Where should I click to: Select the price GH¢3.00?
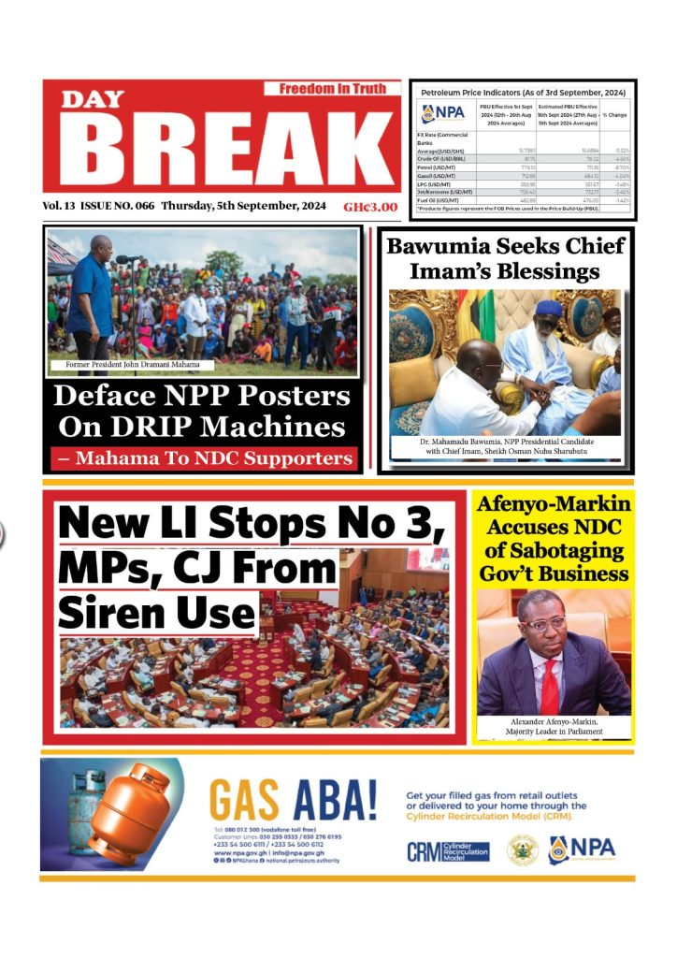[x=370, y=207]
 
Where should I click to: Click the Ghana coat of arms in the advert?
[x=522, y=849]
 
